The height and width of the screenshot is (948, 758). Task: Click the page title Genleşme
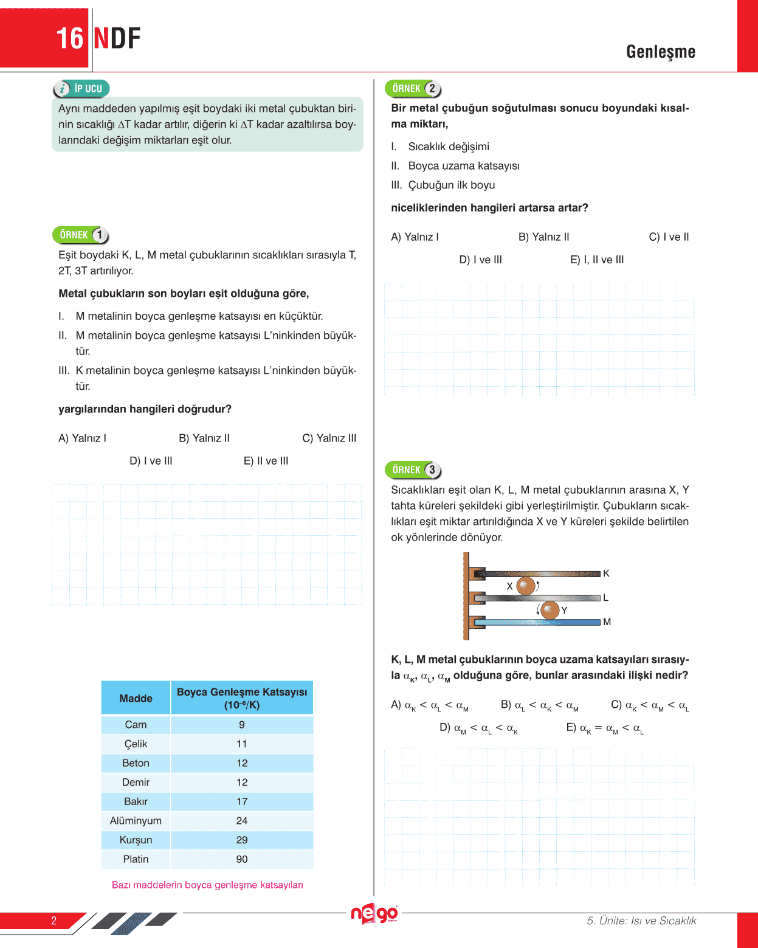661,52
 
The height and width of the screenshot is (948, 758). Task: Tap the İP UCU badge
82,89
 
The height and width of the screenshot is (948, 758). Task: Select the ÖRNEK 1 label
81,235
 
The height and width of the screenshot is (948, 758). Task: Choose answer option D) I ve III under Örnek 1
151,461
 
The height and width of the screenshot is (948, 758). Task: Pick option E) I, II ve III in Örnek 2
597,260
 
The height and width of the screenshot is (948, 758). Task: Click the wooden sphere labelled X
525,586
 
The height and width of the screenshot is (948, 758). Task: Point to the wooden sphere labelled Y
550,610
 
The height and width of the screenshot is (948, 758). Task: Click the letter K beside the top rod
606,573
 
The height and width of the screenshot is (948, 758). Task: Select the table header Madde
136,698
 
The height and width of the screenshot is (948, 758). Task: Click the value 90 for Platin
242,859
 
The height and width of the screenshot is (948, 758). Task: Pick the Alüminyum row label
136,821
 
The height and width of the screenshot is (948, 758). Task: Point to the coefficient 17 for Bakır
242,801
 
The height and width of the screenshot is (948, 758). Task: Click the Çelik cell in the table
136,744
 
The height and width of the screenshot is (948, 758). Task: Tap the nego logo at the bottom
374,913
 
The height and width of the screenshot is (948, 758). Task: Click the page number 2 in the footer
53,921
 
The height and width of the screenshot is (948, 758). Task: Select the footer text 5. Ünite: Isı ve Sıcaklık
641,921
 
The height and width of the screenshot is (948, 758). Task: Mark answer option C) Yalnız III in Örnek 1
329,438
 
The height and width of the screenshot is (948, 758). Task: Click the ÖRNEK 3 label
413,470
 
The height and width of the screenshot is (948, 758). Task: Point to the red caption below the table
207,885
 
